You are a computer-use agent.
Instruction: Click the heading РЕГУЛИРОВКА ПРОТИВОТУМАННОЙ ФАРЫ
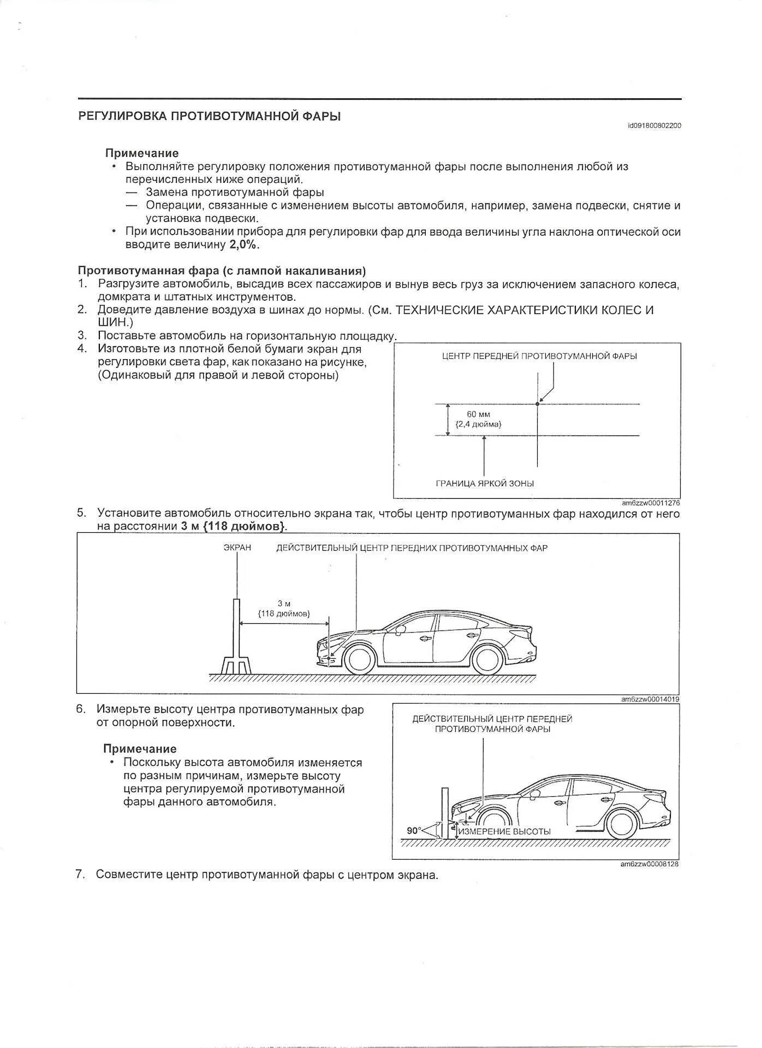tap(210, 116)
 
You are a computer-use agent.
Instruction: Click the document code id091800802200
tap(654, 126)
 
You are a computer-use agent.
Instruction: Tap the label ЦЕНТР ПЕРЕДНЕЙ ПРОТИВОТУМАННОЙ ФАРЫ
tap(539, 356)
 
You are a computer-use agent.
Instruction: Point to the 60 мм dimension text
tap(478, 414)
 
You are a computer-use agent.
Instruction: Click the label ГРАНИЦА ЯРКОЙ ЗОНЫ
tap(485, 483)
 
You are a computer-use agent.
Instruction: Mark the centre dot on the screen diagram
tap(538, 404)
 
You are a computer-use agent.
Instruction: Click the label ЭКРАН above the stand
tap(237, 547)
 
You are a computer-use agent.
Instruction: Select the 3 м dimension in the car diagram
tap(284, 604)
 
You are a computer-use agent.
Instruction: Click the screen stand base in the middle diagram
tap(236, 666)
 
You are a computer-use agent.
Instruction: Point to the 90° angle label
tap(414, 831)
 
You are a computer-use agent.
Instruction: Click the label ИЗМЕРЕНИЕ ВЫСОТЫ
tap(504, 832)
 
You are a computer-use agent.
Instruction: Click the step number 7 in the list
tap(80, 874)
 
